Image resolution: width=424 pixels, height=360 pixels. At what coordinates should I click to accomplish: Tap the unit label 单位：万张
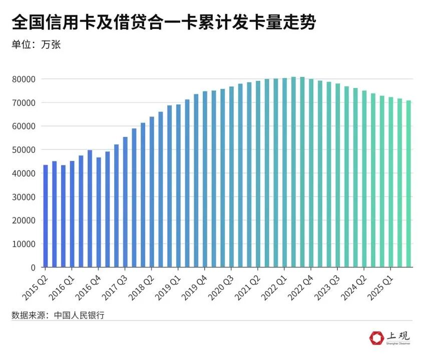point(36,44)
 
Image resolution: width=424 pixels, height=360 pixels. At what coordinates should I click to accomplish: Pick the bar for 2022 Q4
point(311,173)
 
